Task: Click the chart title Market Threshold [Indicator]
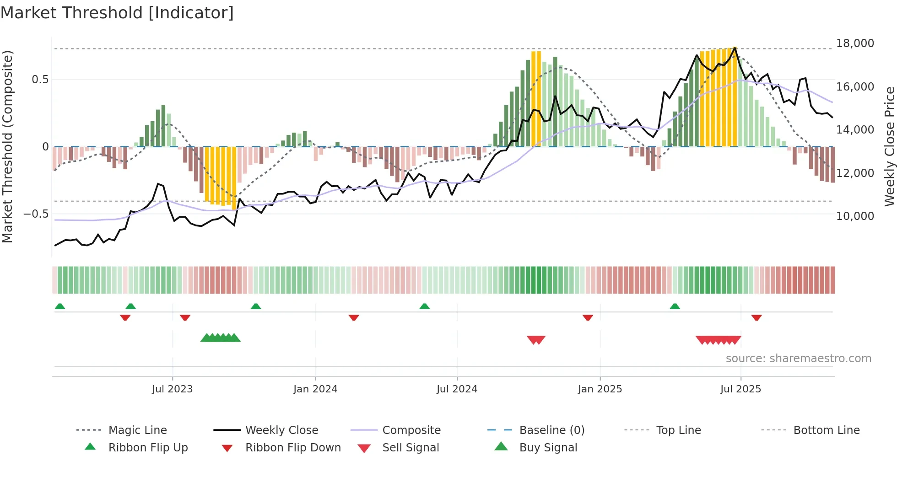[x=117, y=13]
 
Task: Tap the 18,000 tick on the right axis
[x=855, y=43]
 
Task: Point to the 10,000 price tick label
[x=855, y=216]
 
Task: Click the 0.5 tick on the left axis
[x=40, y=80]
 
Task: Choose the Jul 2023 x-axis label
[x=172, y=389]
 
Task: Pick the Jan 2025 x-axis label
[x=600, y=389]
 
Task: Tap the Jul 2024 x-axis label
[x=457, y=389]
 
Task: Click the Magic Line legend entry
[x=137, y=430]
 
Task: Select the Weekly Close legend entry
[x=281, y=430]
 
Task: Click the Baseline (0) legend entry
[x=551, y=430]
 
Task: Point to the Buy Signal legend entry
[x=548, y=448]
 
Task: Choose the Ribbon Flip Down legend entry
[x=293, y=448]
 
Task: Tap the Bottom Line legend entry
[x=826, y=430]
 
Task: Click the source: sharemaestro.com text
[x=798, y=359]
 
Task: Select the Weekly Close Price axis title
[x=889, y=146]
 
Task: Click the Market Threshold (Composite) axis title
[x=7, y=146]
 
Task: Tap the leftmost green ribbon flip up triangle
[x=60, y=306]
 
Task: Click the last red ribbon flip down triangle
[x=756, y=317]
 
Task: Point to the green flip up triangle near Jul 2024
[x=424, y=306]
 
